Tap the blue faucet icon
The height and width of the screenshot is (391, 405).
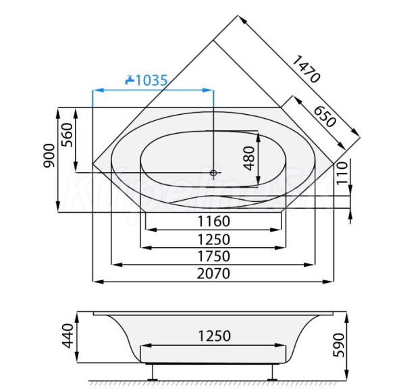[130, 80]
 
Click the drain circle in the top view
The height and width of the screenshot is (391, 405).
[214, 174]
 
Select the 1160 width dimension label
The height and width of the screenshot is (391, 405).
[213, 221]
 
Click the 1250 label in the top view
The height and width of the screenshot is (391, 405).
[213, 239]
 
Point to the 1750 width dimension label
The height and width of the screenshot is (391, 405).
[213, 257]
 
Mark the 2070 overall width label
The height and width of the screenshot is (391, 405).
[213, 273]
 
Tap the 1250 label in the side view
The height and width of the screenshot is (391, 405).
[213, 336]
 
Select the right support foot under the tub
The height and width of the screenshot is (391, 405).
[273, 371]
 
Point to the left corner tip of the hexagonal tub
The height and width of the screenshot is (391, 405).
[92, 161]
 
